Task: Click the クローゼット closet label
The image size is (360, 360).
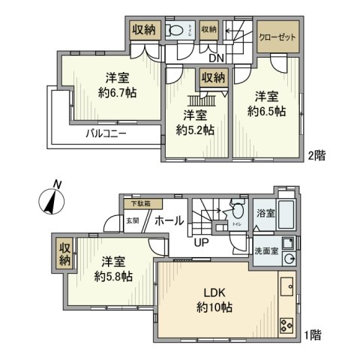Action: pos(277,37)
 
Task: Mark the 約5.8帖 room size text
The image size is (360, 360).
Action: pos(114,277)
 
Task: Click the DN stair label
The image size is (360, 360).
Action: pos(217,58)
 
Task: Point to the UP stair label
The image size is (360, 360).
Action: pos(201,241)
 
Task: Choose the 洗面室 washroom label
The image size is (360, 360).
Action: pos(264,250)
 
